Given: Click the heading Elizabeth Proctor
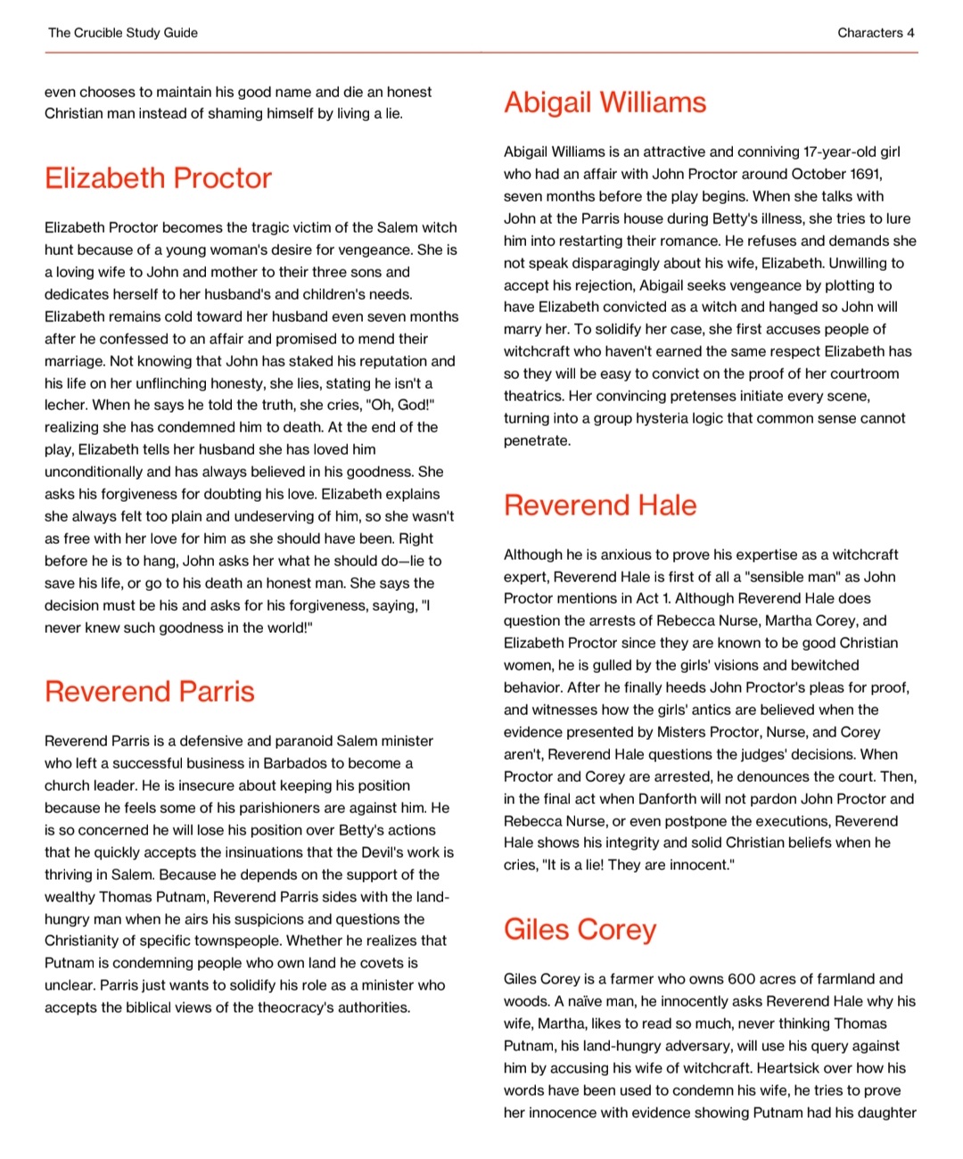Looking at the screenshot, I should click(x=158, y=178).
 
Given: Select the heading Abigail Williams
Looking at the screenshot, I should click(x=605, y=103).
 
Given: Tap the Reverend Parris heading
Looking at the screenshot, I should click(x=150, y=692).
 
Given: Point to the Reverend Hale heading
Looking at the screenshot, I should click(x=600, y=506).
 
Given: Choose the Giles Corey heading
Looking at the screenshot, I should click(x=580, y=930).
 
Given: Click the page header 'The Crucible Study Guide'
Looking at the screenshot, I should click(x=123, y=33).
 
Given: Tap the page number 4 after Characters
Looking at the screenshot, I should click(x=910, y=33).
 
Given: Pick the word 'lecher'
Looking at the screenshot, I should click(x=67, y=405).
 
